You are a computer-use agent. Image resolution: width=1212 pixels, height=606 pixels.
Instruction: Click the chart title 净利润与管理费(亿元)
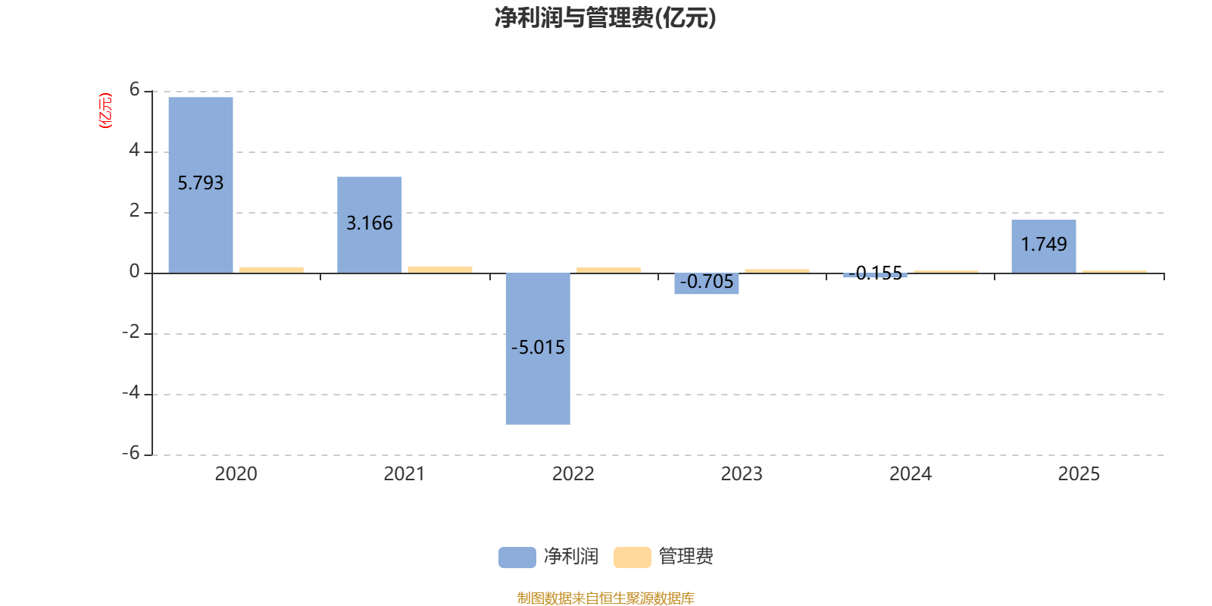click(605, 18)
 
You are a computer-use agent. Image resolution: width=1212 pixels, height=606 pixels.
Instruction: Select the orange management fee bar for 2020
click(271, 269)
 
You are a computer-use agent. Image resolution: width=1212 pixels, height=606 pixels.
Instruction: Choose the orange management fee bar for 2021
click(440, 269)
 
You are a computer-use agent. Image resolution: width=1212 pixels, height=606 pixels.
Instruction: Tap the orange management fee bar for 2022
click(608, 270)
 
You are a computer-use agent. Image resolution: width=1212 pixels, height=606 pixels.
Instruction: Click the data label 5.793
click(201, 183)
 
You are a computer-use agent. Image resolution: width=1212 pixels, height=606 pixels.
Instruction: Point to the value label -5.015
click(538, 348)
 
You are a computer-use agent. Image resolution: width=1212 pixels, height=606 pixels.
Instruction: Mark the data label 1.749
click(1044, 244)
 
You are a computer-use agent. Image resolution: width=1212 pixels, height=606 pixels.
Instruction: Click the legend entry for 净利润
click(548, 557)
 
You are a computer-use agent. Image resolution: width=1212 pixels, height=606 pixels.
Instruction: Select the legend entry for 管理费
click(664, 557)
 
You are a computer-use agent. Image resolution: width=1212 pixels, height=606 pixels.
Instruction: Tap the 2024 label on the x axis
click(910, 474)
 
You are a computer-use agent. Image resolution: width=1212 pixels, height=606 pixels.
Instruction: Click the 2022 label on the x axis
click(573, 474)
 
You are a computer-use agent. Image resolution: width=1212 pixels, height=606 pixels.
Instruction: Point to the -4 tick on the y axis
click(131, 393)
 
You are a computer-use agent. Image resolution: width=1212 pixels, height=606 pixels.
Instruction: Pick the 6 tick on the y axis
click(135, 90)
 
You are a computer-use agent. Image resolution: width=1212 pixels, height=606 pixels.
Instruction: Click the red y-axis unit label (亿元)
click(105, 111)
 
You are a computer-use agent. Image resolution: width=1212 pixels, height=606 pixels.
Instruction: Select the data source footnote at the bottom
click(605, 598)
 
